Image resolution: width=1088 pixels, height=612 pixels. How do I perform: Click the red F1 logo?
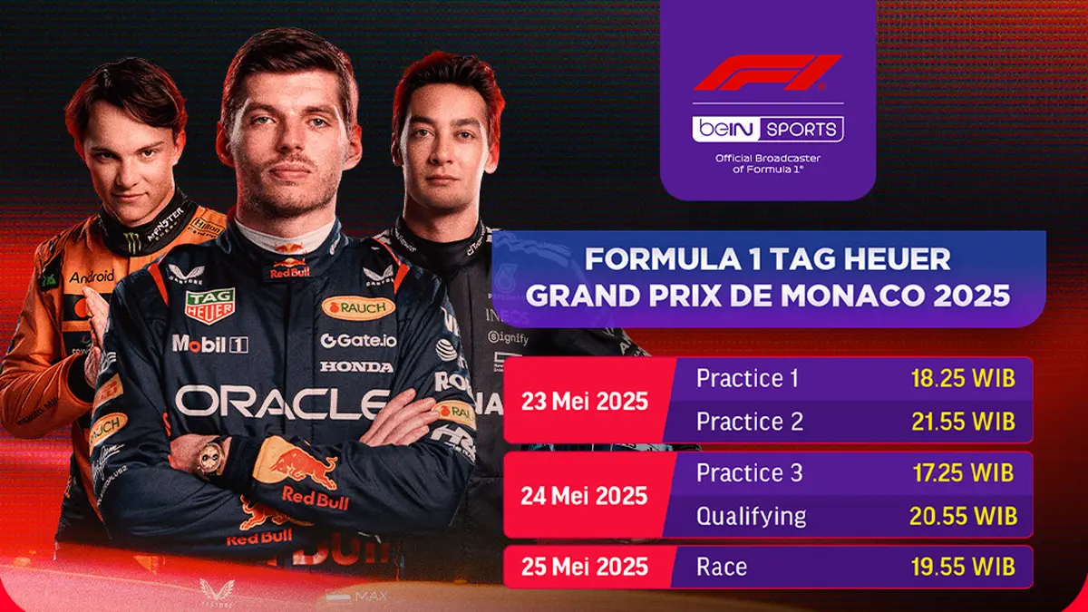(x=767, y=73)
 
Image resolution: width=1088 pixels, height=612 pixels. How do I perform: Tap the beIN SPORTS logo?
(x=767, y=129)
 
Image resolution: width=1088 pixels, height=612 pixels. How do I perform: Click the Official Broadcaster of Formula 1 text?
(x=768, y=164)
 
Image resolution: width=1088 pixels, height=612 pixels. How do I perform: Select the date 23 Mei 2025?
(x=584, y=401)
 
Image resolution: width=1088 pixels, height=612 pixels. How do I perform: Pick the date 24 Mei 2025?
(x=584, y=496)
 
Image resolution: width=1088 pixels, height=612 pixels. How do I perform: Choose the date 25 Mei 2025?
(x=584, y=567)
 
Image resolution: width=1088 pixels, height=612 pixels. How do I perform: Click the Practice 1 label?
(x=747, y=379)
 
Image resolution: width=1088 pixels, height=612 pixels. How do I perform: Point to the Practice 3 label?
(x=749, y=473)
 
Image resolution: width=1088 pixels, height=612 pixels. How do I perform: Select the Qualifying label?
(x=751, y=517)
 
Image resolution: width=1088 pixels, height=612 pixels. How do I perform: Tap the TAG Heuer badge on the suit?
(x=209, y=306)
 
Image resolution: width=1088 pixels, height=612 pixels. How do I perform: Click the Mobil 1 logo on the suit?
(x=209, y=344)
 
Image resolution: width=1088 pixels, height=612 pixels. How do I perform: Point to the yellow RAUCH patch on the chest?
(x=358, y=308)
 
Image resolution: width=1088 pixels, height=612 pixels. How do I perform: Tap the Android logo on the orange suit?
(x=92, y=276)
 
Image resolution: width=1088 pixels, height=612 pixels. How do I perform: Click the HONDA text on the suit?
(x=356, y=366)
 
